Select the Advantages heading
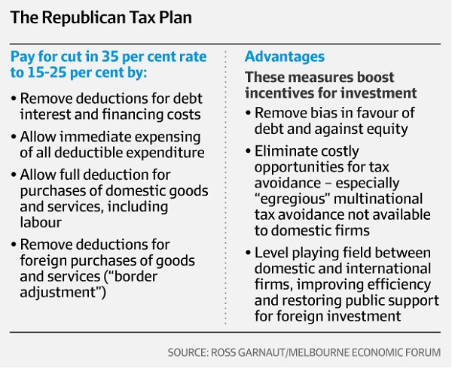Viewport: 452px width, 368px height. pos(285,56)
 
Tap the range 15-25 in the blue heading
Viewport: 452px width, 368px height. pos(52,75)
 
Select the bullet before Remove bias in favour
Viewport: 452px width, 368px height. pos(250,112)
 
